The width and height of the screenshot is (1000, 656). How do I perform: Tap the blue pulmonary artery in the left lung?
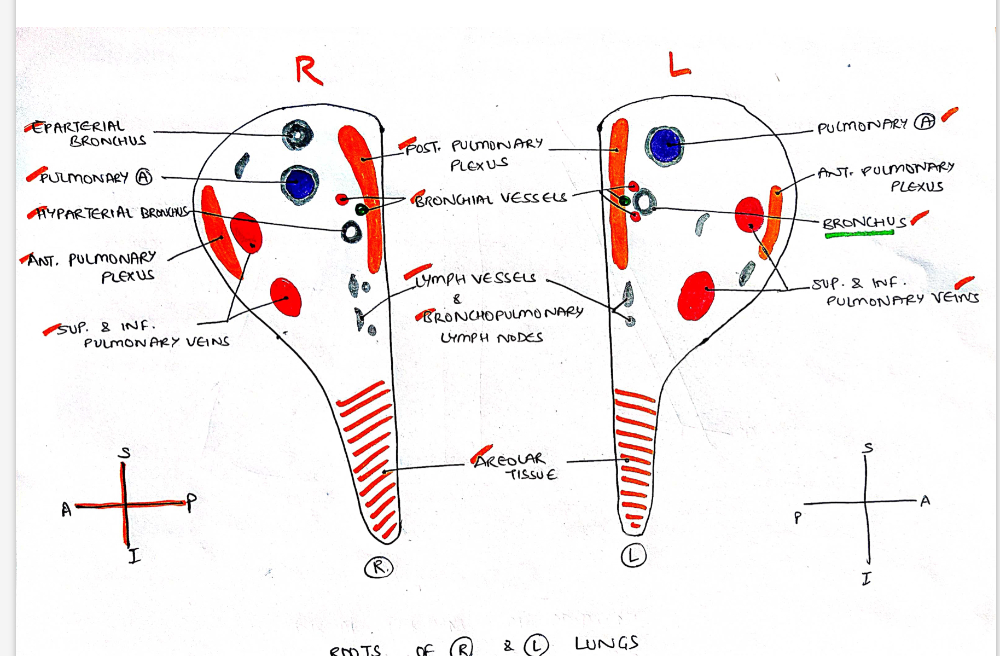pos(665,145)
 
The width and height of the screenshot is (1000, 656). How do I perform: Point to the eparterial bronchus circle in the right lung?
pos(297,135)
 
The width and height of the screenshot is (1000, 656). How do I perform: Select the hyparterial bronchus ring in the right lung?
pos(351,232)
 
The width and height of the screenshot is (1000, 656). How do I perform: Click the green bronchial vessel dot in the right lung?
pos(361,209)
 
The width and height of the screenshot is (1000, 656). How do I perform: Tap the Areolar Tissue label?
pos(514,466)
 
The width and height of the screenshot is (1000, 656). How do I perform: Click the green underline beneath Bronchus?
pos(859,234)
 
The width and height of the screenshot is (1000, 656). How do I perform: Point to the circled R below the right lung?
pos(379,567)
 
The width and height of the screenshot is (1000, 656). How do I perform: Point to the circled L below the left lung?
pos(633,556)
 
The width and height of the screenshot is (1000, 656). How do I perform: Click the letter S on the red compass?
pos(125,452)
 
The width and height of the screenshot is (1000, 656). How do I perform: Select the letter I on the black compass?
pos(866,578)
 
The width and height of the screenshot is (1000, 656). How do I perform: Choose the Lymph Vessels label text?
pos(475,279)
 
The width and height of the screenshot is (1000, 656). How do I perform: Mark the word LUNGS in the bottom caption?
pos(606,643)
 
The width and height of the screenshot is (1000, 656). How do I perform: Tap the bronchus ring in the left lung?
pos(645,202)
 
